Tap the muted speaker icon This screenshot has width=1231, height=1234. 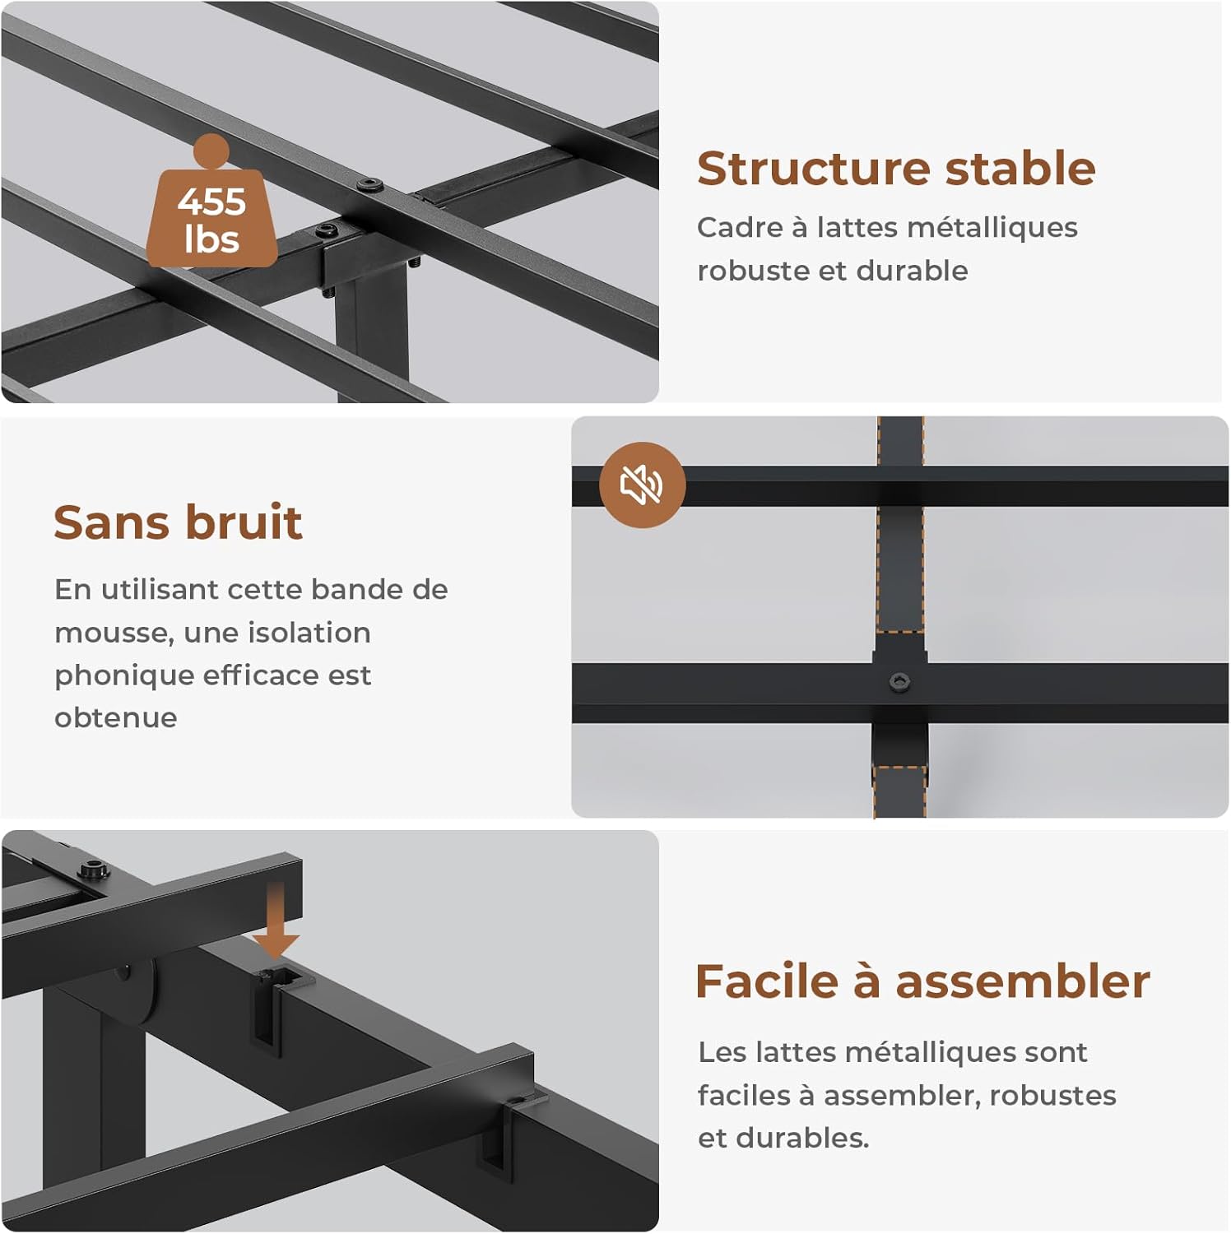pyautogui.click(x=642, y=485)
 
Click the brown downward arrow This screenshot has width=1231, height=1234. pyautogui.click(x=276, y=919)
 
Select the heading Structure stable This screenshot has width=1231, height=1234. pyautogui.click(x=896, y=169)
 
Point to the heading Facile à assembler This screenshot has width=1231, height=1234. pyautogui.click(x=922, y=981)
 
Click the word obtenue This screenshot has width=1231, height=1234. pyautogui.click(x=116, y=717)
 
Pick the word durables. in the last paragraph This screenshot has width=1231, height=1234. pyautogui.click(x=802, y=1138)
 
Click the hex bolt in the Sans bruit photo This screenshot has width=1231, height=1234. pyautogui.click(x=899, y=681)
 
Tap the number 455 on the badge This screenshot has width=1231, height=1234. pyautogui.click(x=211, y=201)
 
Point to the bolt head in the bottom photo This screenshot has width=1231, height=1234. pyautogui.click(x=94, y=869)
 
